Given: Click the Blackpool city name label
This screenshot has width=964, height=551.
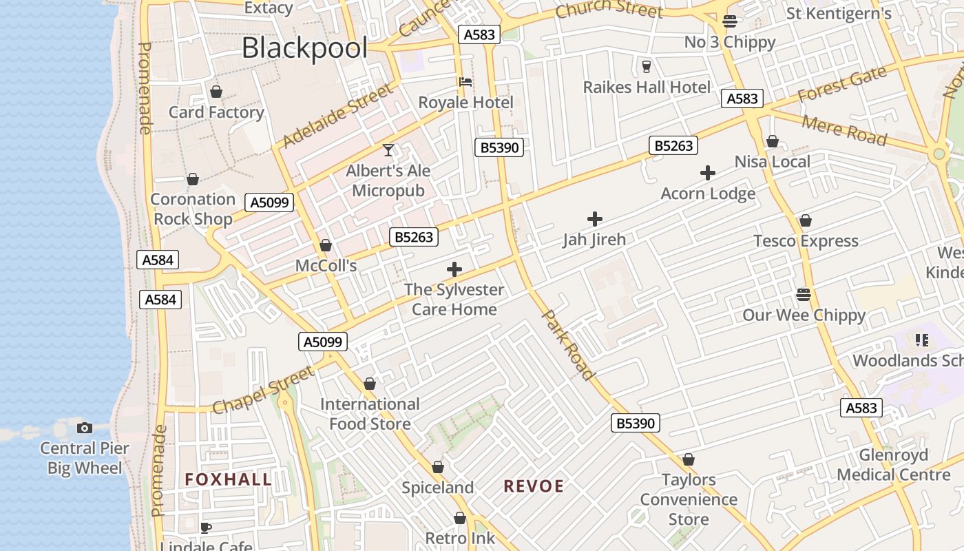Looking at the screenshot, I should [304, 48].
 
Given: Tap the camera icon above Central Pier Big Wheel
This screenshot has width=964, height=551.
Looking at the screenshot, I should [85, 428].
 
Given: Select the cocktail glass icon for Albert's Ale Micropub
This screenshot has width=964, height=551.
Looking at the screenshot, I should [388, 149].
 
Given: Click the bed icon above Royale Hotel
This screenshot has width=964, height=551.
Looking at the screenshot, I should [465, 82].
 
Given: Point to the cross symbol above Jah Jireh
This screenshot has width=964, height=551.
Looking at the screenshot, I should [595, 219].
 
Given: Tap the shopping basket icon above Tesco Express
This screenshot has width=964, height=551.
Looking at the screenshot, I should [805, 220].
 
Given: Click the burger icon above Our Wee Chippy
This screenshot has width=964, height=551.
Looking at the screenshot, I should [804, 295].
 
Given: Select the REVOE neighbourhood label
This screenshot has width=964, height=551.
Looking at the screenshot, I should [534, 486].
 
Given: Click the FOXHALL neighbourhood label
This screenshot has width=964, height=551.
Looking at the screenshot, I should [228, 479].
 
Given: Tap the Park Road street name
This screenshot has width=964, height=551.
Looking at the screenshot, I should [569, 344].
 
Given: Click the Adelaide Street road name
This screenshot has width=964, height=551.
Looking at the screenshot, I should [337, 115].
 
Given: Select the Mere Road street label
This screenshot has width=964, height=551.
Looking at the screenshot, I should [844, 130].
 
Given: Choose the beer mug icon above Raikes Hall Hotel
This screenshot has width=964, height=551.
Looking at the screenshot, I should [646, 66].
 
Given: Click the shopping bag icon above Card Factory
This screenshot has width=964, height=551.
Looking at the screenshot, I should [216, 92].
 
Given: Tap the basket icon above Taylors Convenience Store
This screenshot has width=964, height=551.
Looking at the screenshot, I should [689, 459].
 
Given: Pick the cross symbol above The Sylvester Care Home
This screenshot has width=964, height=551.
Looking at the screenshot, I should [454, 269].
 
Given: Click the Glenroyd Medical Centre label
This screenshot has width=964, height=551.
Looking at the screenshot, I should [893, 465].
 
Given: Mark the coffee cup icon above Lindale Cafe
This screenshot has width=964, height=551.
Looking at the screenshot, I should [205, 528].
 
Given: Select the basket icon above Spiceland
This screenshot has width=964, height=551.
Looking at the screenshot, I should [438, 468].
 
